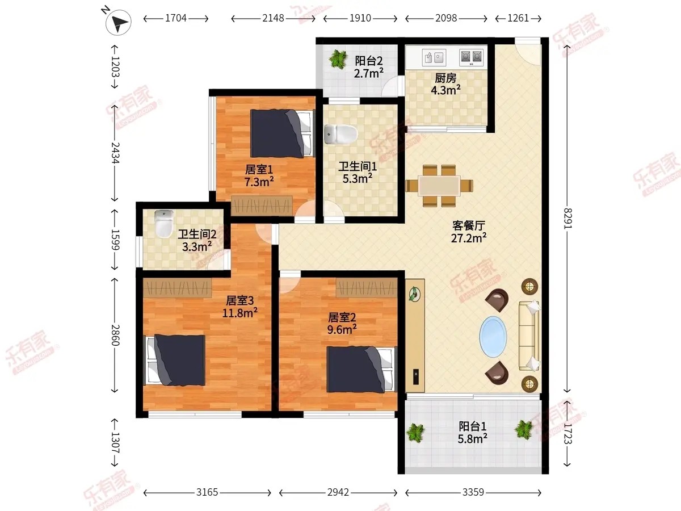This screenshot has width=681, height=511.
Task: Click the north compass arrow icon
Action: point(118,22)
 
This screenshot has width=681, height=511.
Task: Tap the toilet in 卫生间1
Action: point(340,135)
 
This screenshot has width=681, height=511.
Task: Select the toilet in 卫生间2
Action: point(164,223)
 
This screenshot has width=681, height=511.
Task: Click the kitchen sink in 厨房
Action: point(434,57)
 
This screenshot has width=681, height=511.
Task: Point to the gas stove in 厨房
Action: point(471,57)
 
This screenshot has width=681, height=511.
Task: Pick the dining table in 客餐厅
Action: point(439,186)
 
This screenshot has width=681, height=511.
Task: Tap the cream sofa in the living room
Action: point(529,336)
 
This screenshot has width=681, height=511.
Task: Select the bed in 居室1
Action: point(281,133)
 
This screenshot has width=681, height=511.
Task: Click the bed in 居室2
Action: point(362,370)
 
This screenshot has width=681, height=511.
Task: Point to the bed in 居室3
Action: point(175,360)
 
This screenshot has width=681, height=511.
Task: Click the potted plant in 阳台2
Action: point(338,59)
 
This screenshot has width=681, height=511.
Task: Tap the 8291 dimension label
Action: point(567,219)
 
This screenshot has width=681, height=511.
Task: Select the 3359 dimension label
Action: point(473,492)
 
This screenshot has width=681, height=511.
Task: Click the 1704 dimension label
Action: point(175,18)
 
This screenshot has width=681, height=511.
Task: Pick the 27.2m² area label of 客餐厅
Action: point(469,238)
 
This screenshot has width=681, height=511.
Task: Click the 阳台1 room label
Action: point(473,426)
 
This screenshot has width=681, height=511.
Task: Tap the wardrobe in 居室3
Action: point(178,288)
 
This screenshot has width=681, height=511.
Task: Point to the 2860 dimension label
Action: point(115,335)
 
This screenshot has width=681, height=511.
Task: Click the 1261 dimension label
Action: point(518,18)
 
